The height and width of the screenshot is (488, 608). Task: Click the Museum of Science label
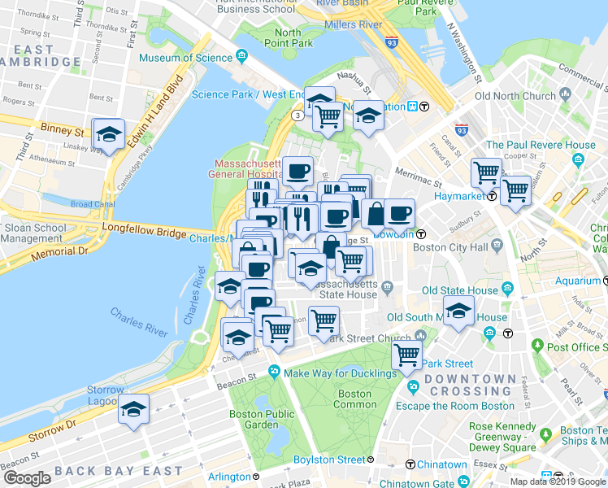pyautogui.click(x=186, y=58)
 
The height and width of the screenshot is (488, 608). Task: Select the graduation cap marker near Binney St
pyautogui.click(x=108, y=134)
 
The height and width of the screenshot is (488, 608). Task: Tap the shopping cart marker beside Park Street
pyautogui.click(x=406, y=355)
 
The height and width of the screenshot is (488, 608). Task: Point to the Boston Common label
pyautogui.click(x=355, y=399)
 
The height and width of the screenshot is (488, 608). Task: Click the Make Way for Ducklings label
pyautogui.click(x=334, y=373)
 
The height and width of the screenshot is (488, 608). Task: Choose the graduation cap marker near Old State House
pyautogui.click(x=458, y=311)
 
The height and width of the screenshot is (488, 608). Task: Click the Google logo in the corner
pyautogui.click(x=27, y=477)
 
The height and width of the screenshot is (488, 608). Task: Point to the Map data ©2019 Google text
pyautogui.click(x=558, y=481)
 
